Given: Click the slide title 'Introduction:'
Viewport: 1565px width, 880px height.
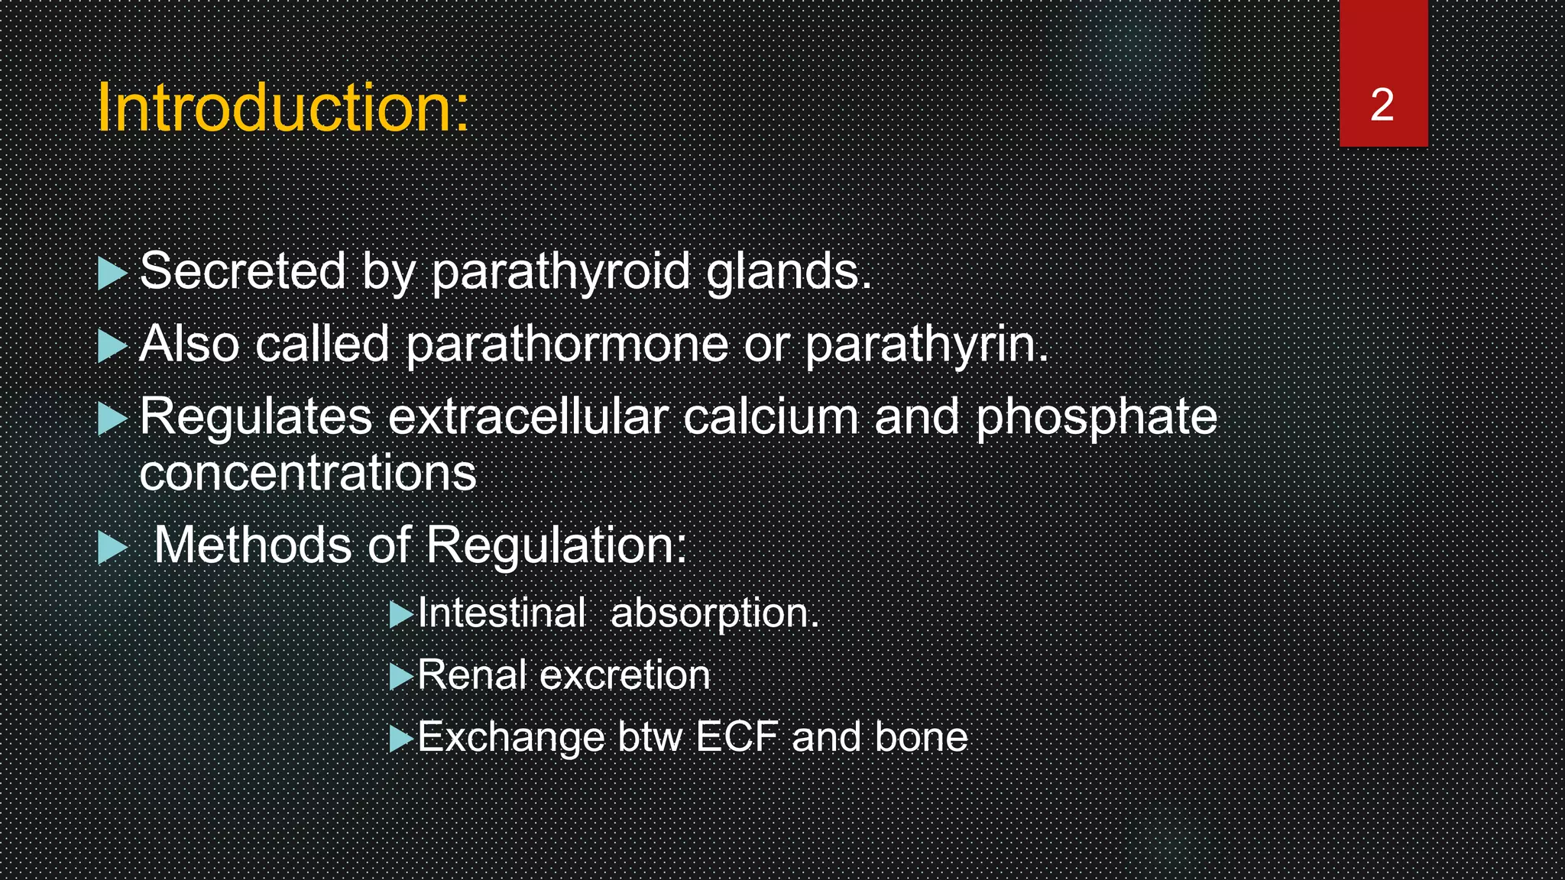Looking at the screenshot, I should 283,108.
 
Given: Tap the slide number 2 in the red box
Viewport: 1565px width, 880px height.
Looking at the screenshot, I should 1382,105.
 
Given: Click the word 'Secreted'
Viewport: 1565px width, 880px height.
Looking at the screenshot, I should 243,271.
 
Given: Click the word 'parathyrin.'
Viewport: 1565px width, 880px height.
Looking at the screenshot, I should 927,344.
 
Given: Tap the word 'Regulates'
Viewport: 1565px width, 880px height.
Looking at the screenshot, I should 256,417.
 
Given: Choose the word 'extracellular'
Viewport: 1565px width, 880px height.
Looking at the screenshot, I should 528,417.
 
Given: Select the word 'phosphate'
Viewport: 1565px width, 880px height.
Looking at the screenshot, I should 1096,417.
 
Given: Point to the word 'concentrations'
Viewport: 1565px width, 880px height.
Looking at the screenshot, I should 308,473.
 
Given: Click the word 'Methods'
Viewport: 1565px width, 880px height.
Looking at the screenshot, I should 252,545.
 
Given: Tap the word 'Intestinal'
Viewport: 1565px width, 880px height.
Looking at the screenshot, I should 501,613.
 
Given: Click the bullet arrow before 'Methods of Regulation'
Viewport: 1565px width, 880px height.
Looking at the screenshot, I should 112,548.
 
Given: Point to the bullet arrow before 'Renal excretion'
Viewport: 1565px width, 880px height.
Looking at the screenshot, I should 400,677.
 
